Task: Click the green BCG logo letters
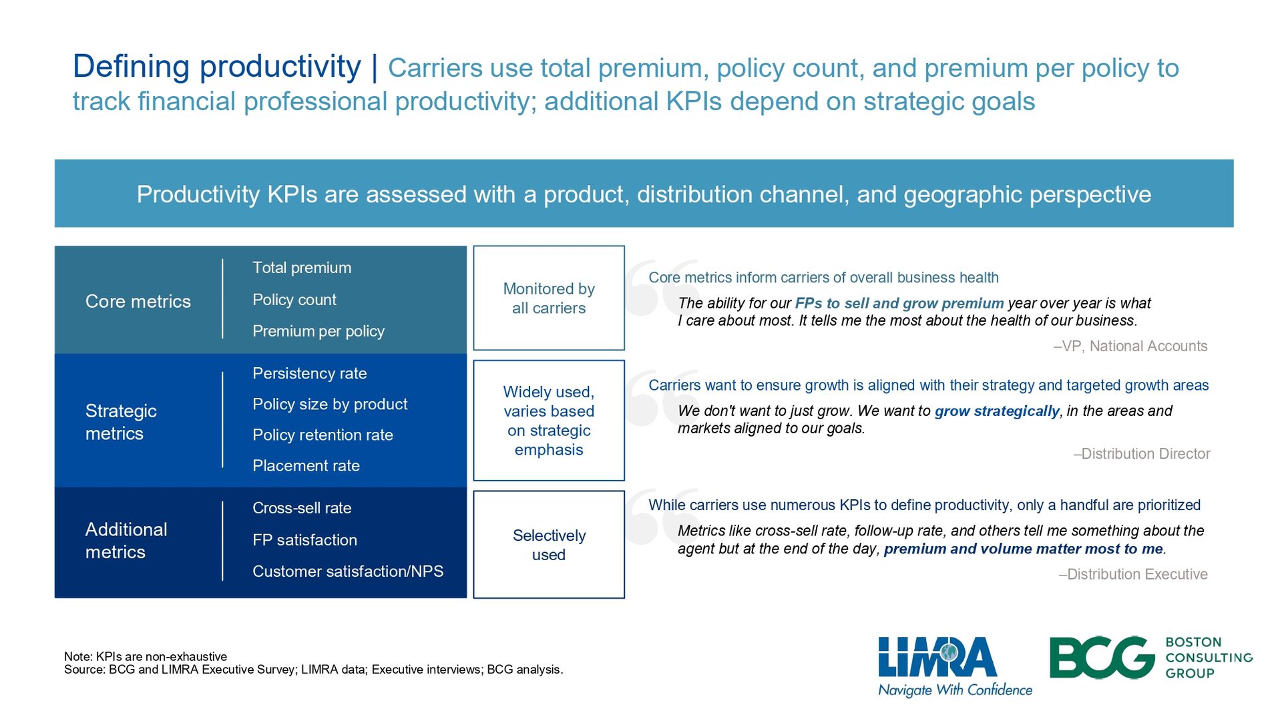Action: [x=1102, y=658]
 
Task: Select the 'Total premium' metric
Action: [x=302, y=268]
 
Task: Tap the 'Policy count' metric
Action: [x=294, y=300]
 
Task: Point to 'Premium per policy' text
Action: [x=318, y=331]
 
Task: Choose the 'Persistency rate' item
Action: [x=310, y=373]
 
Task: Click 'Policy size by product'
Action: [x=330, y=404]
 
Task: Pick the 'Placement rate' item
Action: [x=306, y=465]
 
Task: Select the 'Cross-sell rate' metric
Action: [x=302, y=508]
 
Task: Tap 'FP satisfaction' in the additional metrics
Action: [x=304, y=540]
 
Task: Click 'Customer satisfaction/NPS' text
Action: [x=348, y=571]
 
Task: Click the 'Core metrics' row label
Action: [x=138, y=301]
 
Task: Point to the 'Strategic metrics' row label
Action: [x=121, y=422]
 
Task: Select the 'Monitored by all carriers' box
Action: [x=549, y=298]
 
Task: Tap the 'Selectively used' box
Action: [x=549, y=545]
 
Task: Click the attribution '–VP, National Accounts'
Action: [x=1130, y=346]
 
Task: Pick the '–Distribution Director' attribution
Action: [x=1142, y=454]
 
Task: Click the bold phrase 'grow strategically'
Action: [x=997, y=411]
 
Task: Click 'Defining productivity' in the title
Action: [x=217, y=67]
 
